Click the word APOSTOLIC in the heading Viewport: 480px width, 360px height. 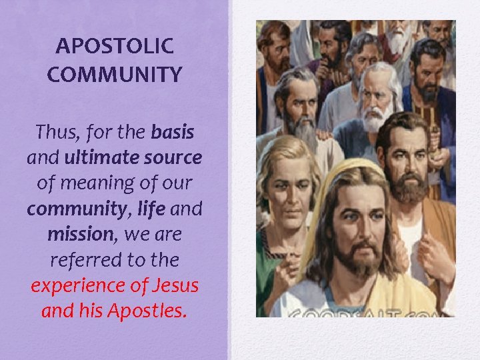point(115,46)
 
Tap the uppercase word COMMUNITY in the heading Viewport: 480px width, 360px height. point(115,74)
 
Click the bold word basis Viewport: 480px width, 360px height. point(173,132)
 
